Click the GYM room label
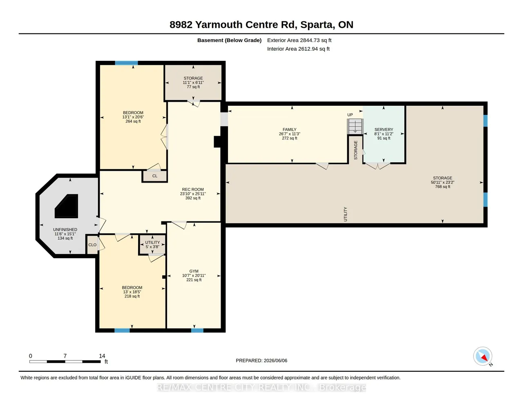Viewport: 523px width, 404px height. pyautogui.click(x=194, y=271)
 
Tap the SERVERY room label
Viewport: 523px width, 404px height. pyautogui.click(x=384, y=129)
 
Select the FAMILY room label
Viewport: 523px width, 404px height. pyautogui.click(x=290, y=129)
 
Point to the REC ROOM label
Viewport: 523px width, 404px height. pyautogui.click(x=193, y=190)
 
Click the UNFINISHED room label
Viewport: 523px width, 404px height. pyautogui.click(x=65, y=230)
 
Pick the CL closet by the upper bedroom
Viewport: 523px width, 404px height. pyautogui.click(x=155, y=176)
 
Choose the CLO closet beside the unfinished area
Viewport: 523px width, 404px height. pyautogui.click(x=92, y=245)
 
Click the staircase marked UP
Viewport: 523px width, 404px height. pyautogui.click(x=355, y=126)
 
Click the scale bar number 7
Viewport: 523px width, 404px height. pyautogui.click(x=65, y=356)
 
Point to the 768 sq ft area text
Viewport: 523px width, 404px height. pyautogui.click(x=443, y=187)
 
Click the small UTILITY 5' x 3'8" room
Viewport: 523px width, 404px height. pyautogui.click(x=152, y=244)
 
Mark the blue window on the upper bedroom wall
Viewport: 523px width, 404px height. pyautogui.click(x=126, y=63)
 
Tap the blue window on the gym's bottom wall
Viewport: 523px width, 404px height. pyautogui.click(x=197, y=330)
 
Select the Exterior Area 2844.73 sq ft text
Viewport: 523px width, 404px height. pyautogui.click(x=299, y=40)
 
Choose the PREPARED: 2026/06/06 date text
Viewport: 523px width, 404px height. pyautogui.click(x=261, y=360)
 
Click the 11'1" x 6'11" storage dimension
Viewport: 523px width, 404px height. pyautogui.click(x=193, y=83)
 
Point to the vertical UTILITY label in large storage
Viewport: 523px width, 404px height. pyautogui.click(x=345, y=214)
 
